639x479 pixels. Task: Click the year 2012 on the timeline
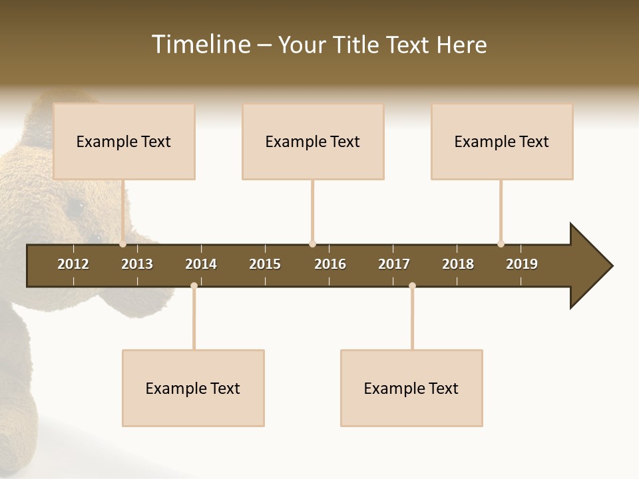(x=73, y=264)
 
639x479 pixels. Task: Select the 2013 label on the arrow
(x=137, y=264)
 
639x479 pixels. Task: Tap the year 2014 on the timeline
(x=201, y=264)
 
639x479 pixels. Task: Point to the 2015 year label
(x=265, y=264)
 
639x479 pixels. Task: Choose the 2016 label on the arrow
(x=330, y=264)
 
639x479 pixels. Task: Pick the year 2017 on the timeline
(x=394, y=264)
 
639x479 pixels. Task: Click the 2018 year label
(x=458, y=264)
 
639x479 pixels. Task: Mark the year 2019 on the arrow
(x=522, y=264)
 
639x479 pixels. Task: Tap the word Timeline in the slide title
(x=200, y=45)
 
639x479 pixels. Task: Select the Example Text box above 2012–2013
(x=124, y=142)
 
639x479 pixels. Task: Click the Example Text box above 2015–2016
(x=313, y=142)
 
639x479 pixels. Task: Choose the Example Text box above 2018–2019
(x=502, y=142)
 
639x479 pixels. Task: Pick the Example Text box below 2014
(x=193, y=389)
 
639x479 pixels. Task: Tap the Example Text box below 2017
(x=411, y=389)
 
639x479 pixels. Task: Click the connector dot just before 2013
(x=123, y=244)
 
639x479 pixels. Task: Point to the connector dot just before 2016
(x=312, y=244)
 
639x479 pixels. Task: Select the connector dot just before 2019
(x=501, y=244)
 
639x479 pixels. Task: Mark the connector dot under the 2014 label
(x=194, y=286)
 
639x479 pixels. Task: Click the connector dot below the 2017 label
(x=412, y=286)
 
